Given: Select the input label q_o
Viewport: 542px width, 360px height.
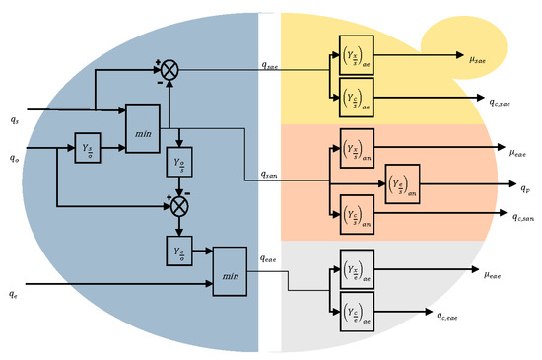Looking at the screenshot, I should point(13,156).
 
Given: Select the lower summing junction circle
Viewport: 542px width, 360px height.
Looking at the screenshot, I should point(178,207).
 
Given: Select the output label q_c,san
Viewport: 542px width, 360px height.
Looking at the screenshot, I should point(498,216).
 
